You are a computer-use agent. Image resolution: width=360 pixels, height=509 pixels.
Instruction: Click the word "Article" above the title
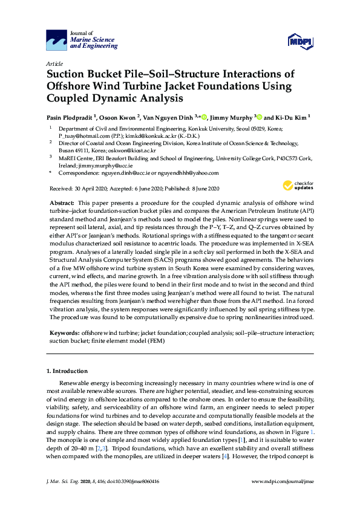tap(54, 63)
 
